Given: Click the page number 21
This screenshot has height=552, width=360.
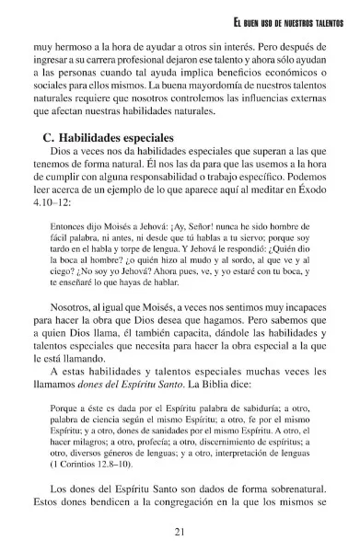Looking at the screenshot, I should coord(180,531).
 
